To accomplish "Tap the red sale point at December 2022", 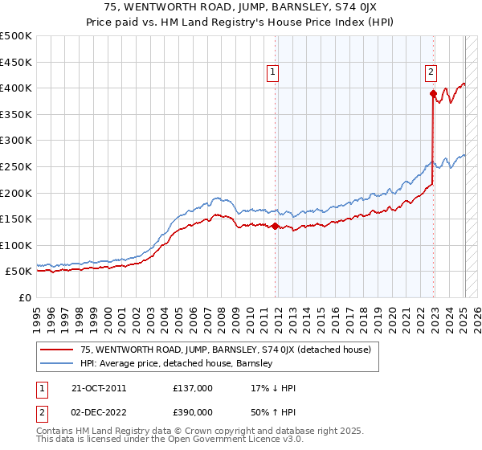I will tap(433, 93).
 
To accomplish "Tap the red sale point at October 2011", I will tap(275, 226).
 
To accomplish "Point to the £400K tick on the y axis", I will tap(16, 88).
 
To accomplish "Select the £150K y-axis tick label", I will tap(16, 219).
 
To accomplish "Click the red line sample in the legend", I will tap(56, 350).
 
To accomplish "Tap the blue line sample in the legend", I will tap(56, 363).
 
